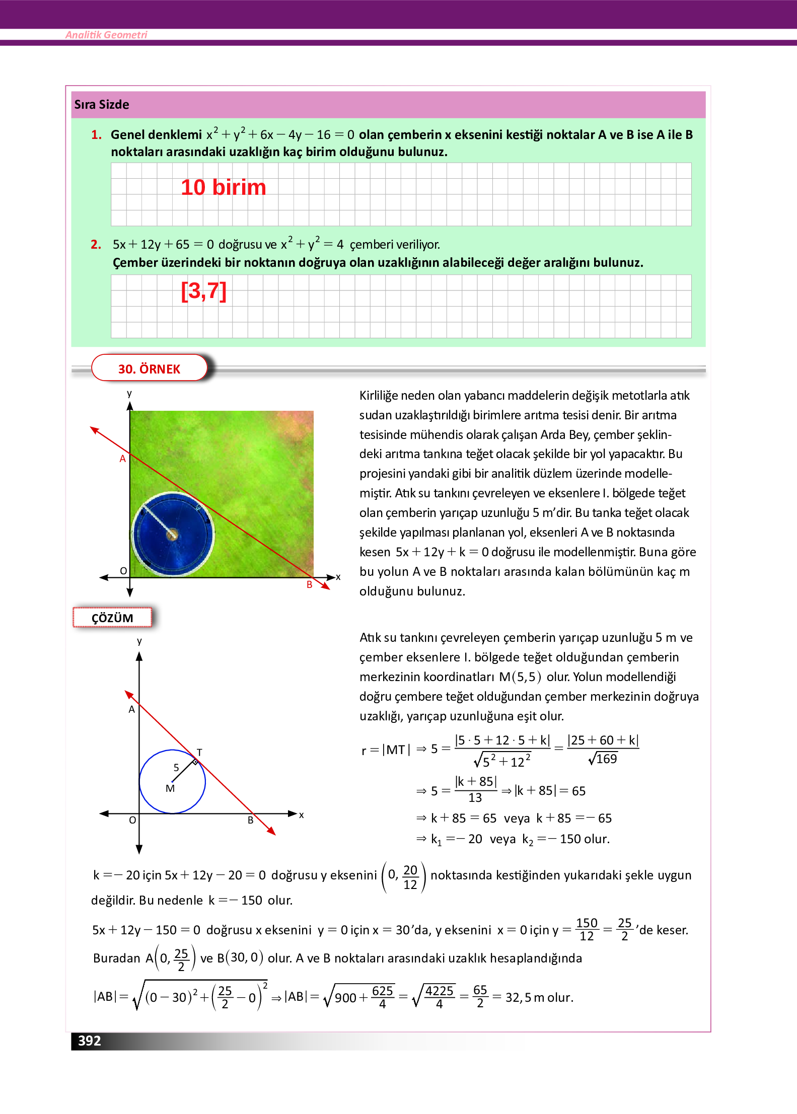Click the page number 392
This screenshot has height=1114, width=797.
pyautogui.click(x=89, y=1040)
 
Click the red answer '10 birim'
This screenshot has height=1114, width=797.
pyautogui.click(x=223, y=187)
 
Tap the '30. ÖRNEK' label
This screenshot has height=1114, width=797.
pyautogui.click(x=149, y=368)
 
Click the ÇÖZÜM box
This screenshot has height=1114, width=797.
pyautogui.click(x=112, y=618)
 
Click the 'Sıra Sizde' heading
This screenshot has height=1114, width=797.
pyautogui.click(x=102, y=105)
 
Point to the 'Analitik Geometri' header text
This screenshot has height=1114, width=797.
pyautogui.click(x=106, y=35)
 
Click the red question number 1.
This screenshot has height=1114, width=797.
pyautogui.click(x=96, y=135)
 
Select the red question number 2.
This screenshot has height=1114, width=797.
pyautogui.click(x=96, y=245)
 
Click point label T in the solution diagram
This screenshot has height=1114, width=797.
pyautogui.click(x=199, y=752)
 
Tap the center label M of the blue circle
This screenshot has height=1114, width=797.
pyautogui.click(x=170, y=788)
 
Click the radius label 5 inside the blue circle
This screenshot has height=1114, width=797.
pyautogui.click(x=176, y=768)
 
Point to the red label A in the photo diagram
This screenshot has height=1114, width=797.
pyautogui.click(x=122, y=459)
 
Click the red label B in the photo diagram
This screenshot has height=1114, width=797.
pyautogui.click(x=310, y=584)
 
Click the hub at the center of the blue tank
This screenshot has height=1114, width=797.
pyautogui.click(x=172, y=534)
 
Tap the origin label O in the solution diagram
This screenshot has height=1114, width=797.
pyautogui.click(x=132, y=820)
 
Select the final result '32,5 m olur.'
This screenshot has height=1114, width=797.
pyautogui.click(x=539, y=997)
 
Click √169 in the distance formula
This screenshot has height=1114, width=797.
pyautogui.click(x=603, y=759)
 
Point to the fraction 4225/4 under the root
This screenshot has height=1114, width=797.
pyautogui.click(x=439, y=997)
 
